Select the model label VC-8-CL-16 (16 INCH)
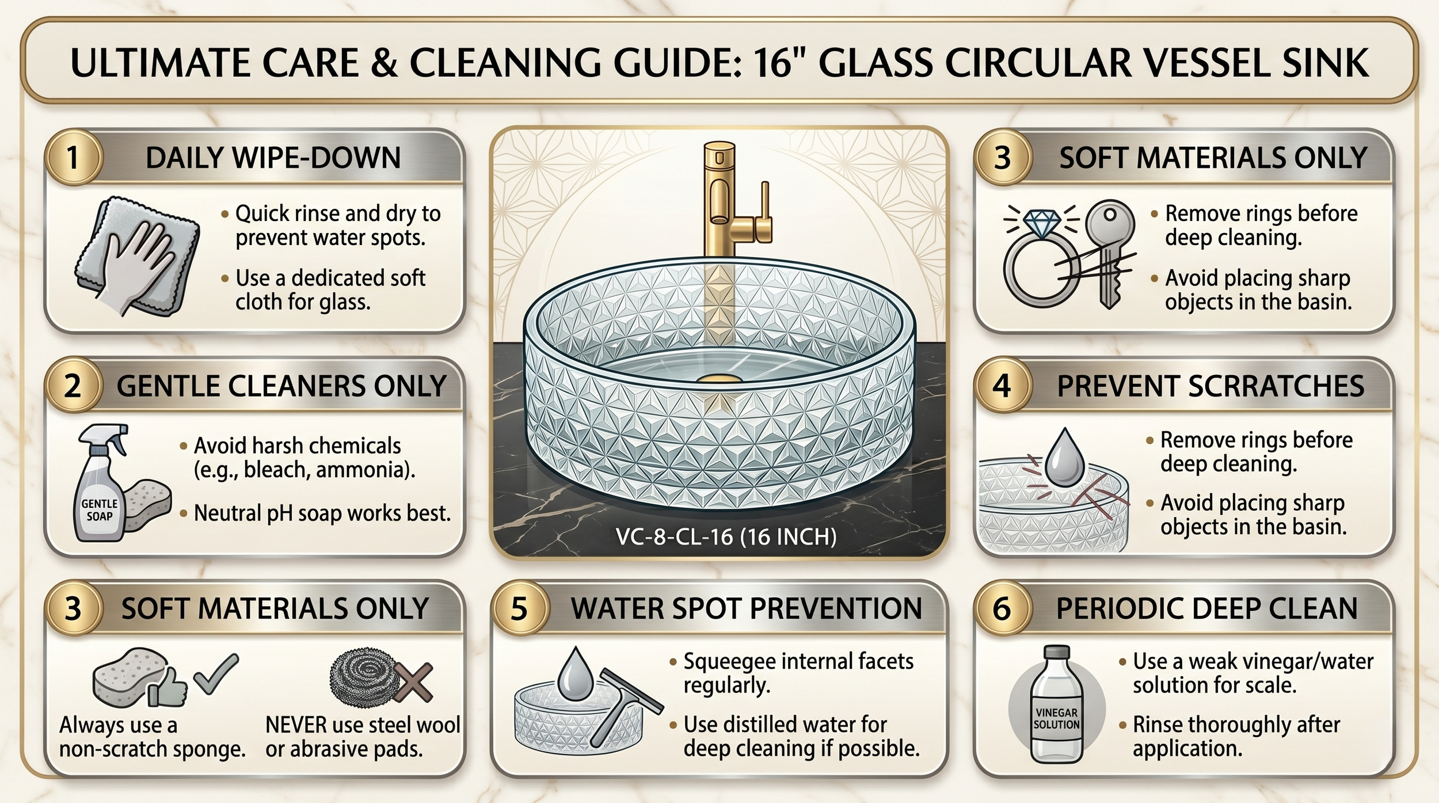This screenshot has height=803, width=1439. pyautogui.click(x=726, y=536)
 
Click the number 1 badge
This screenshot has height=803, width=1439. pyautogui.click(x=73, y=158)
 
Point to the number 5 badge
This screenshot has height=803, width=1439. pyautogui.click(x=519, y=608)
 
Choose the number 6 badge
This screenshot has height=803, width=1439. pyautogui.click(x=1002, y=608)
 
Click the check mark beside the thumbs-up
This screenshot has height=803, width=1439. pyautogui.click(x=215, y=673)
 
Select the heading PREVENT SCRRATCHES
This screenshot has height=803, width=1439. pyautogui.click(x=1210, y=386)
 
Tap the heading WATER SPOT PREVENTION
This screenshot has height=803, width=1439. pyautogui.click(x=746, y=608)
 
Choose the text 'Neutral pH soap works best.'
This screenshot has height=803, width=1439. pyautogui.click(x=322, y=513)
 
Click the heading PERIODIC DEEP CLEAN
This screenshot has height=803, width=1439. pyautogui.click(x=1206, y=608)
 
